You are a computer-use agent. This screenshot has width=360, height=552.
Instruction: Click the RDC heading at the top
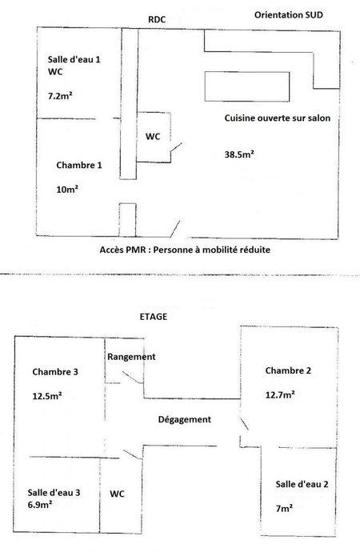(157, 19)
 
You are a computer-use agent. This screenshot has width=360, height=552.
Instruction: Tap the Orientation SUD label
(289, 14)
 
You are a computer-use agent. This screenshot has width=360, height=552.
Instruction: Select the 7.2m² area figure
(60, 95)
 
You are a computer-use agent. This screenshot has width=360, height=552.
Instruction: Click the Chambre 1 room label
(79, 165)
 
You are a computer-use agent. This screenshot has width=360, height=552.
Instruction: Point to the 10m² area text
(67, 190)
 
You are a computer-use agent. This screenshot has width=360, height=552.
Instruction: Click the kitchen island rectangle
(247, 86)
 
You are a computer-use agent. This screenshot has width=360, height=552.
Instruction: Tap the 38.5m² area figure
(239, 154)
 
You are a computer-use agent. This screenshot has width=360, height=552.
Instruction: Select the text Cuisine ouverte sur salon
(278, 118)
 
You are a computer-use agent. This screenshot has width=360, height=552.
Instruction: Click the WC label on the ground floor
(153, 136)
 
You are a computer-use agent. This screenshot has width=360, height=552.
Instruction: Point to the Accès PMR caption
(185, 250)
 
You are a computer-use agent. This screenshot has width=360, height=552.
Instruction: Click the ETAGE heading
(154, 317)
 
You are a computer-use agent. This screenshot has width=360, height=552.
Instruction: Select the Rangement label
(131, 357)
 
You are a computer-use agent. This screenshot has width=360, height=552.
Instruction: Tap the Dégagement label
(184, 419)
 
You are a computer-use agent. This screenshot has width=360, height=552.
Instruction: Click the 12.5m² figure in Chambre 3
(47, 396)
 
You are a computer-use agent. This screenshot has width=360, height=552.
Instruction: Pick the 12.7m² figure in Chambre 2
(280, 394)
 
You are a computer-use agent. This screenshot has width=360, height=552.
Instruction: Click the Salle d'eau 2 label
(302, 484)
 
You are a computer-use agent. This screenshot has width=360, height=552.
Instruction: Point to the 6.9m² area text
(40, 505)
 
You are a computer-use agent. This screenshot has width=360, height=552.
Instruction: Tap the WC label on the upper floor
(117, 494)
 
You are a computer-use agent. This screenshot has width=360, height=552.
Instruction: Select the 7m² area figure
(284, 508)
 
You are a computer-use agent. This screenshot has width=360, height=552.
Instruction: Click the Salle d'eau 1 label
(74, 59)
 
